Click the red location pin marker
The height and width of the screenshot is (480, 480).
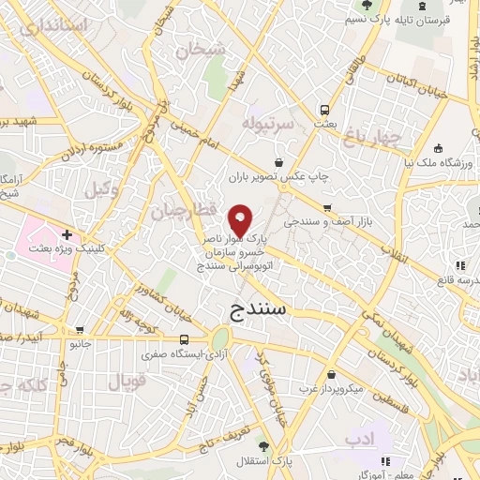[x=241, y=219]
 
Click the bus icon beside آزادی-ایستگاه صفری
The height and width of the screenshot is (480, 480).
[x=185, y=339]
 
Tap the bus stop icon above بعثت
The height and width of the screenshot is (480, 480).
[x=324, y=108]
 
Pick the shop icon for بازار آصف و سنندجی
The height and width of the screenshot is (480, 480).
[x=326, y=208]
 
